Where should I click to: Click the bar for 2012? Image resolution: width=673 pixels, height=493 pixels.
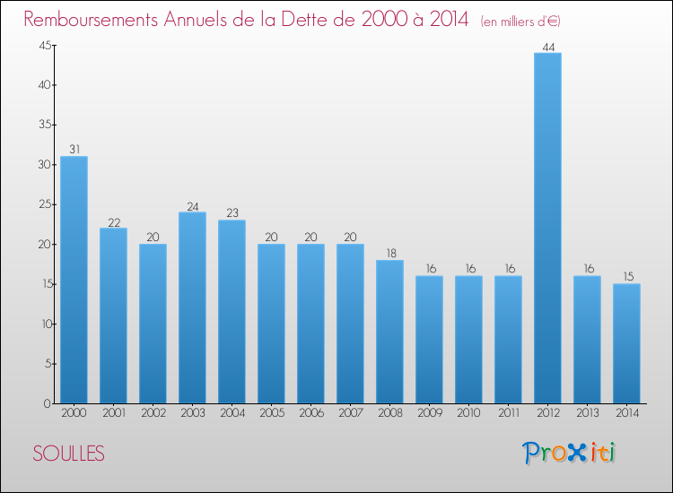tap(547, 228)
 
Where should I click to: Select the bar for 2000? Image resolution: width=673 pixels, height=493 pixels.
tap(74, 280)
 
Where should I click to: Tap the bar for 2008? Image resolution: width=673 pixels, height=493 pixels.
tap(389, 332)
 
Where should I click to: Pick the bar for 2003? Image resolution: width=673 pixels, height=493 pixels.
tap(192, 307)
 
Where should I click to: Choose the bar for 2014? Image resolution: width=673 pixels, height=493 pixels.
tap(626, 343)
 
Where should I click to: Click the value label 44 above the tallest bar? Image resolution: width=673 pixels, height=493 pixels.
tap(548, 48)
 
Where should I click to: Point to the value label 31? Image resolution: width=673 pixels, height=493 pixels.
tap(74, 149)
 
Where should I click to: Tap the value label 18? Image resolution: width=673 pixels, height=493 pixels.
tap(391, 254)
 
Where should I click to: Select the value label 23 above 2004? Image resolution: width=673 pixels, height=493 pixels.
tap(232, 213)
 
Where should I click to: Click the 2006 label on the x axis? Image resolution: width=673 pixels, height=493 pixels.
tap(311, 413)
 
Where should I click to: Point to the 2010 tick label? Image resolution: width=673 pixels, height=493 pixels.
tap(468, 413)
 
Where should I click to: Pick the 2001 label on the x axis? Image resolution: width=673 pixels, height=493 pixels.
tap(114, 413)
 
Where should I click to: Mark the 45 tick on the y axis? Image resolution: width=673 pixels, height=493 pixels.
tap(45, 46)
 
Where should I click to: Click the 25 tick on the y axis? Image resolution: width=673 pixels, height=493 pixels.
tap(45, 204)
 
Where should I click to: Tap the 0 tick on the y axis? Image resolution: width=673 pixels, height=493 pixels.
tap(48, 403)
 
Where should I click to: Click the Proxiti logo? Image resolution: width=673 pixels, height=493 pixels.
tap(568, 453)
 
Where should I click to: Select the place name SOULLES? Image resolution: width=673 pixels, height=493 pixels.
tap(69, 454)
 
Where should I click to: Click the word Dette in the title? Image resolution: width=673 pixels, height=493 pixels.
tap(307, 20)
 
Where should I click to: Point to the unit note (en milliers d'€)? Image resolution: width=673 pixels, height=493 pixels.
tap(520, 22)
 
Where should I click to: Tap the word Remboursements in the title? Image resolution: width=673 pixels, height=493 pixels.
tap(91, 20)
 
